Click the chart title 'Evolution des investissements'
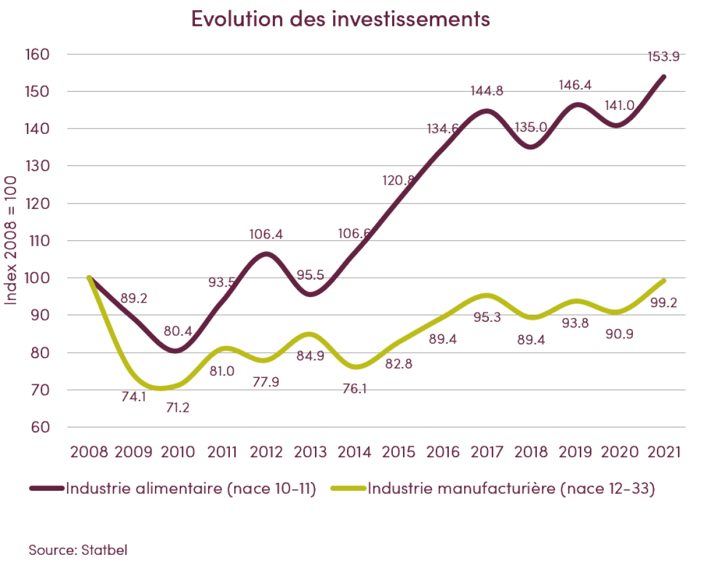[340, 19]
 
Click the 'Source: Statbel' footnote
[78, 550]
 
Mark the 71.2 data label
[178, 408]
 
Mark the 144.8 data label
[486, 92]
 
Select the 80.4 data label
[178, 330]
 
